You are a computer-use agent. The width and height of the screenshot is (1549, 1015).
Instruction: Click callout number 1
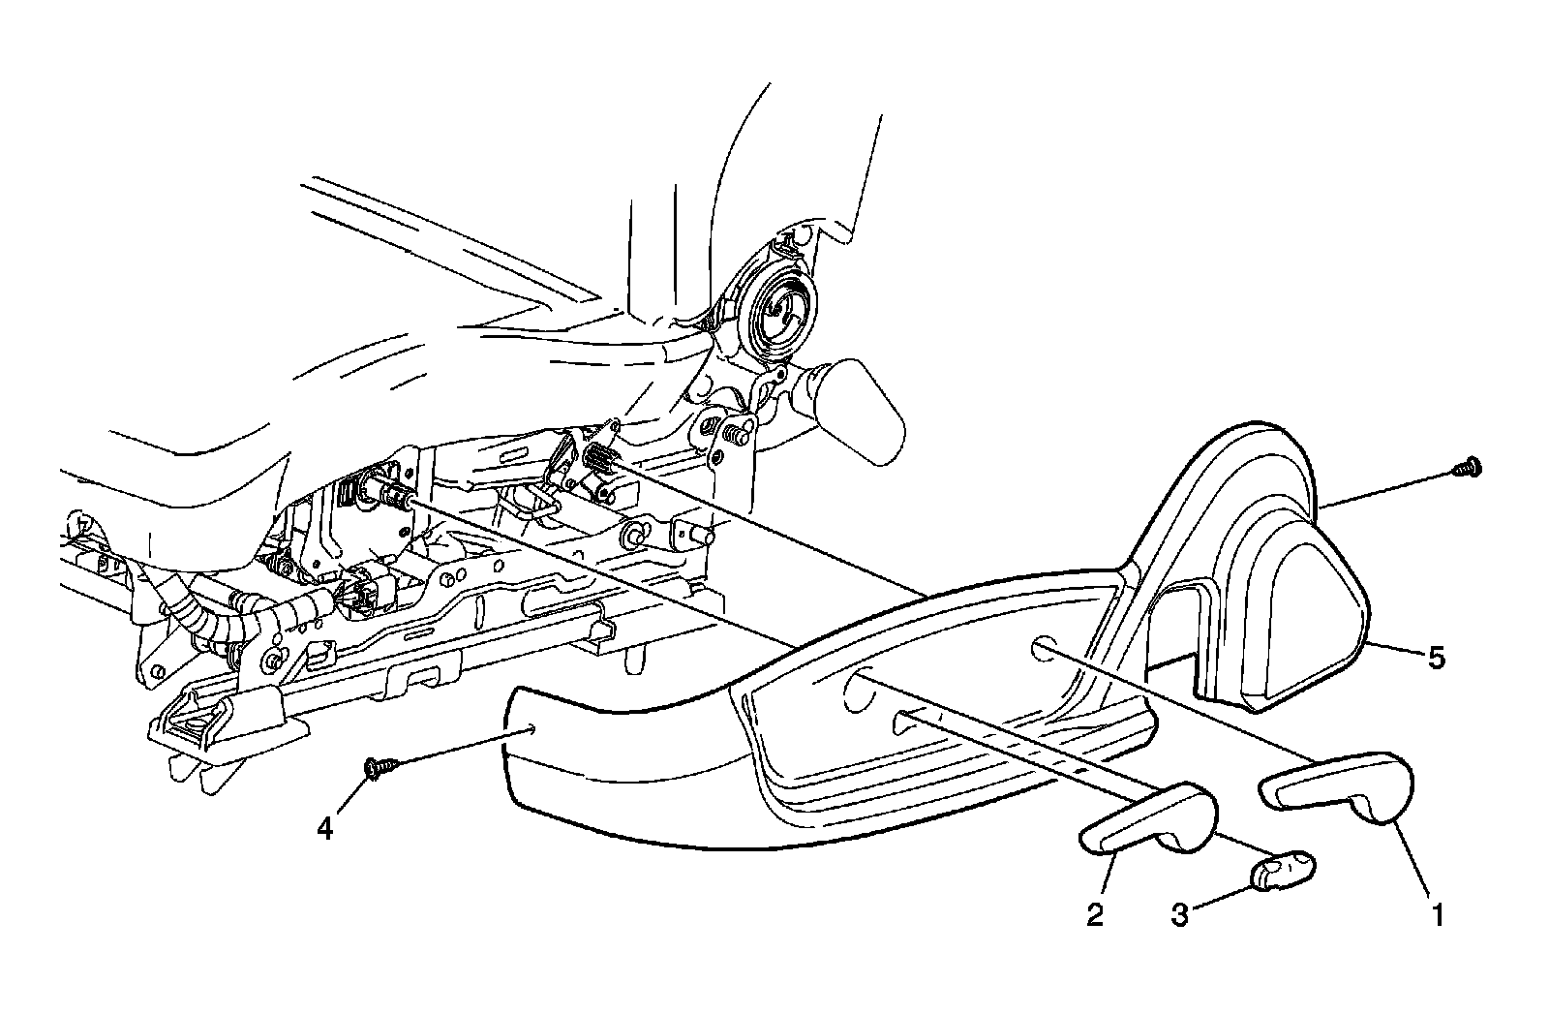(x=1438, y=913)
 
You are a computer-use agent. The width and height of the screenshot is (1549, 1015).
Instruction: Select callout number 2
(x=1095, y=913)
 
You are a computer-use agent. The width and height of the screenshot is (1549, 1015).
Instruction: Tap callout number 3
(x=1179, y=913)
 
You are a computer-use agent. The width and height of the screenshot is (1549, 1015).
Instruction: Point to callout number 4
(x=325, y=829)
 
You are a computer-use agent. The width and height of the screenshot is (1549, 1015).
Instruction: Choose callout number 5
(x=1437, y=659)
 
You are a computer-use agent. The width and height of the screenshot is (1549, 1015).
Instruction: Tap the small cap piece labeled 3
(x=1282, y=869)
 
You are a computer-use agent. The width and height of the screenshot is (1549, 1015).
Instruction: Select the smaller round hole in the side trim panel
(x=1041, y=648)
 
